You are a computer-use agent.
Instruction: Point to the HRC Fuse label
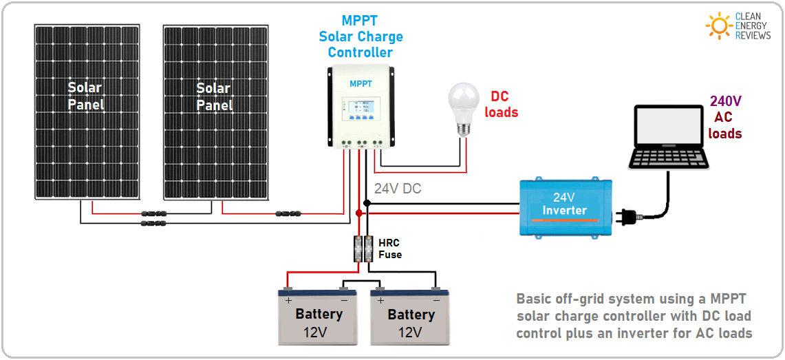(x=389, y=248)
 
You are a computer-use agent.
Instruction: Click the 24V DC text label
(x=398, y=189)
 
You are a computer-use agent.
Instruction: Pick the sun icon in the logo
(x=719, y=25)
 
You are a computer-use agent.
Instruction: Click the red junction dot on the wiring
(x=358, y=213)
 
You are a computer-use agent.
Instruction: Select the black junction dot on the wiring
(x=367, y=203)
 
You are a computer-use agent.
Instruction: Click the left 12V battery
(x=319, y=316)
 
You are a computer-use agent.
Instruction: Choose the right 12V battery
(x=411, y=316)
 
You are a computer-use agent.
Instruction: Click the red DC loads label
(x=501, y=104)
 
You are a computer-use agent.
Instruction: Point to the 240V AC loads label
(x=725, y=117)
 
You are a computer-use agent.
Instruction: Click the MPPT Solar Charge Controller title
(x=361, y=36)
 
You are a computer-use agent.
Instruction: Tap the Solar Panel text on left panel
(x=85, y=96)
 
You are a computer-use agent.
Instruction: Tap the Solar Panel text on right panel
(x=214, y=96)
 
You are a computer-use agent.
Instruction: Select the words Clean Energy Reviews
(x=753, y=25)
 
